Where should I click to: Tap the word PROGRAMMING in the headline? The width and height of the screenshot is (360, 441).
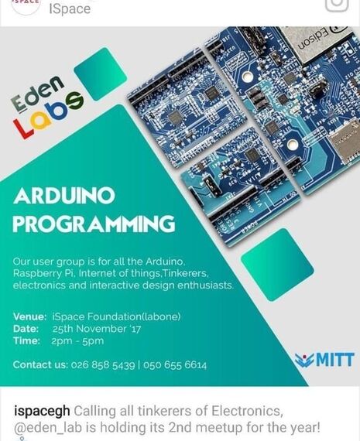coord(94,224)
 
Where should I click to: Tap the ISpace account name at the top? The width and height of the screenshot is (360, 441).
coord(70,9)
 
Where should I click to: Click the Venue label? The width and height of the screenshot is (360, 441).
coord(30,315)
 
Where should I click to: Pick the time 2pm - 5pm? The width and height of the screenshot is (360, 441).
coord(77,340)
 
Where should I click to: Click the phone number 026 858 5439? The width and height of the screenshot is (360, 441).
coord(98,364)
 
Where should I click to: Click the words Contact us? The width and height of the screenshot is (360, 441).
coord(39,364)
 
